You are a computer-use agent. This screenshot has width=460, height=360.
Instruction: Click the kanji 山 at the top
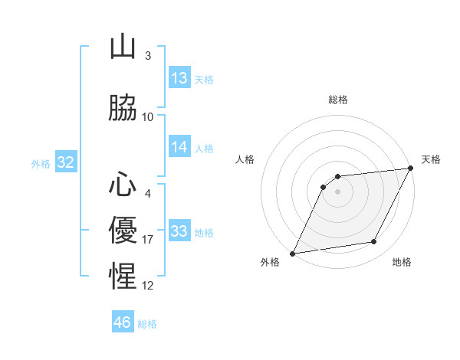[123, 47]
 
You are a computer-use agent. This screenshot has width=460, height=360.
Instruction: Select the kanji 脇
[123, 108]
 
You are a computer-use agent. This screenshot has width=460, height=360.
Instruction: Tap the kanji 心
[123, 185]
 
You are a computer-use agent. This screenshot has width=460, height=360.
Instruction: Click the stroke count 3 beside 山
[147, 56]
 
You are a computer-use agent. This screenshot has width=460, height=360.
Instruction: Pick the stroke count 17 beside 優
[149, 240]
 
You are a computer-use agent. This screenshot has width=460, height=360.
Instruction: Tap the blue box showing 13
[179, 78]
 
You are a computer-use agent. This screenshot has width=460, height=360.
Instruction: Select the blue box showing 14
[179, 147]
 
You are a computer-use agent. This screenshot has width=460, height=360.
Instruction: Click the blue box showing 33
[179, 231]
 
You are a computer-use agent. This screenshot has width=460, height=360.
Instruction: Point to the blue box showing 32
[65, 162]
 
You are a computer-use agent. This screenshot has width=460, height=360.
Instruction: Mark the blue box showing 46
[123, 322]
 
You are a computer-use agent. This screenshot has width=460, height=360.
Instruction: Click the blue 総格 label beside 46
[147, 324]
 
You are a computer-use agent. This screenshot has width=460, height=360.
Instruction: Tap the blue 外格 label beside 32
[41, 163]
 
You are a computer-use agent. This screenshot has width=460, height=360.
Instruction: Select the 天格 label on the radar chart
[431, 159]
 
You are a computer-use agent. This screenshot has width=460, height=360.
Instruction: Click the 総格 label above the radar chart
[338, 100]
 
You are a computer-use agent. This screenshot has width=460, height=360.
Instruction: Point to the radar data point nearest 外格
[292, 254]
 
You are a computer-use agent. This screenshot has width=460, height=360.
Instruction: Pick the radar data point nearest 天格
[411, 168]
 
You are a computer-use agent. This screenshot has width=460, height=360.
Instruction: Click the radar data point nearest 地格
[374, 242]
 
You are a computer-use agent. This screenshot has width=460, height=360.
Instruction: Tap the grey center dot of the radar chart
[337, 191]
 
